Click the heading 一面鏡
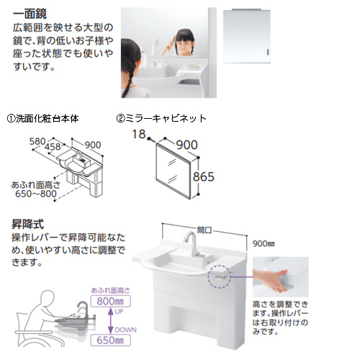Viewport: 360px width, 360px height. (x=30, y=14)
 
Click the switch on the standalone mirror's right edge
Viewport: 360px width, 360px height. (x=268, y=52)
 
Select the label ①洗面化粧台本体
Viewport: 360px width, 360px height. (x=42, y=119)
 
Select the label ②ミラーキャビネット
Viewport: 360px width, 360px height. (x=161, y=119)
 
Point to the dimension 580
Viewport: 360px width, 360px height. (x=37, y=141)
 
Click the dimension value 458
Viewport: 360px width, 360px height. (x=53, y=147)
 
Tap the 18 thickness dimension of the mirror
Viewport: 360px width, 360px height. (x=139, y=134)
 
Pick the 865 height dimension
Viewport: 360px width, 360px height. (x=204, y=177)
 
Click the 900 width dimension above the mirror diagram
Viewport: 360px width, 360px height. (x=187, y=145)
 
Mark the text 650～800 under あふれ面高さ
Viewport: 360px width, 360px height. (x=36, y=194)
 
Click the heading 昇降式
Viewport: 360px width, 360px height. (x=28, y=225)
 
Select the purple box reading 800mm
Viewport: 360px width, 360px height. (x=111, y=301)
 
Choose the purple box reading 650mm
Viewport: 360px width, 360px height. (x=111, y=340)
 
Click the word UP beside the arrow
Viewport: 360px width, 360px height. (x=119, y=312)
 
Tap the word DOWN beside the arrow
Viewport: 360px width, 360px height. (x=125, y=330)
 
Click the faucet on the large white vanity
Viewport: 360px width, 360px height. (x=194, y=244)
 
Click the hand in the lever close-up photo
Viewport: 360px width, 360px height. (x=271, y=279)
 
